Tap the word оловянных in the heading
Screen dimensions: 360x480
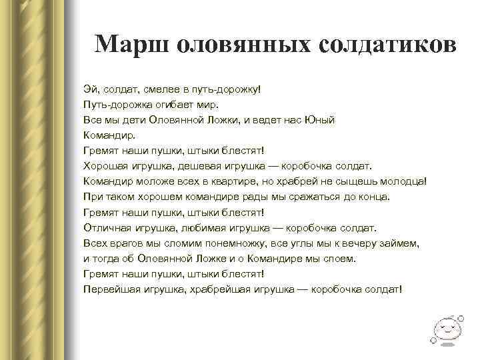240,44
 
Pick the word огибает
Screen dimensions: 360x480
172,105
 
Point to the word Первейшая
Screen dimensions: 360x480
111,289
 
